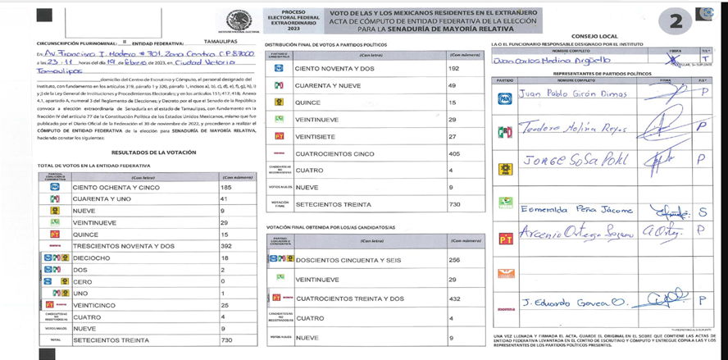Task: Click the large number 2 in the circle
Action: click(675, 22)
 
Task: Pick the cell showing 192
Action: click(453, 70)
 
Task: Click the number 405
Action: click(454, 153)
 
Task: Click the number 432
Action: click(454, 298)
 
